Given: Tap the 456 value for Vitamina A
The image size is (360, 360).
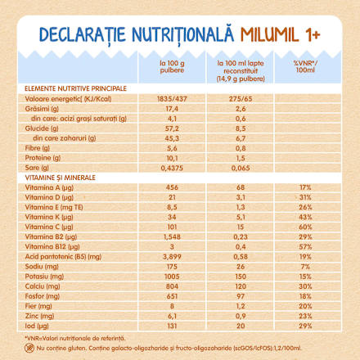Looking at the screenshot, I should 160,187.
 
